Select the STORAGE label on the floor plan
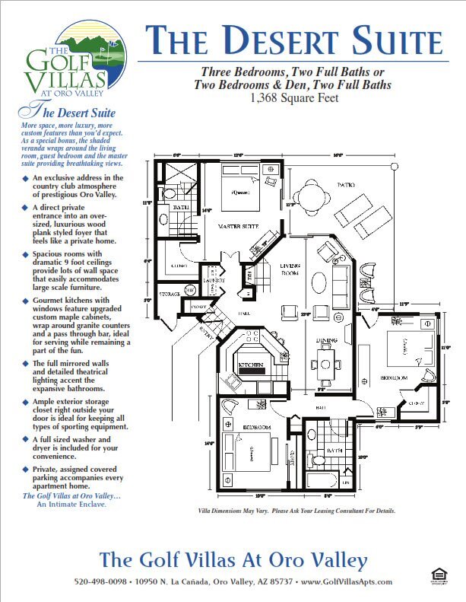(170, 292)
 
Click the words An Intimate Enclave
(74, 504)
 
